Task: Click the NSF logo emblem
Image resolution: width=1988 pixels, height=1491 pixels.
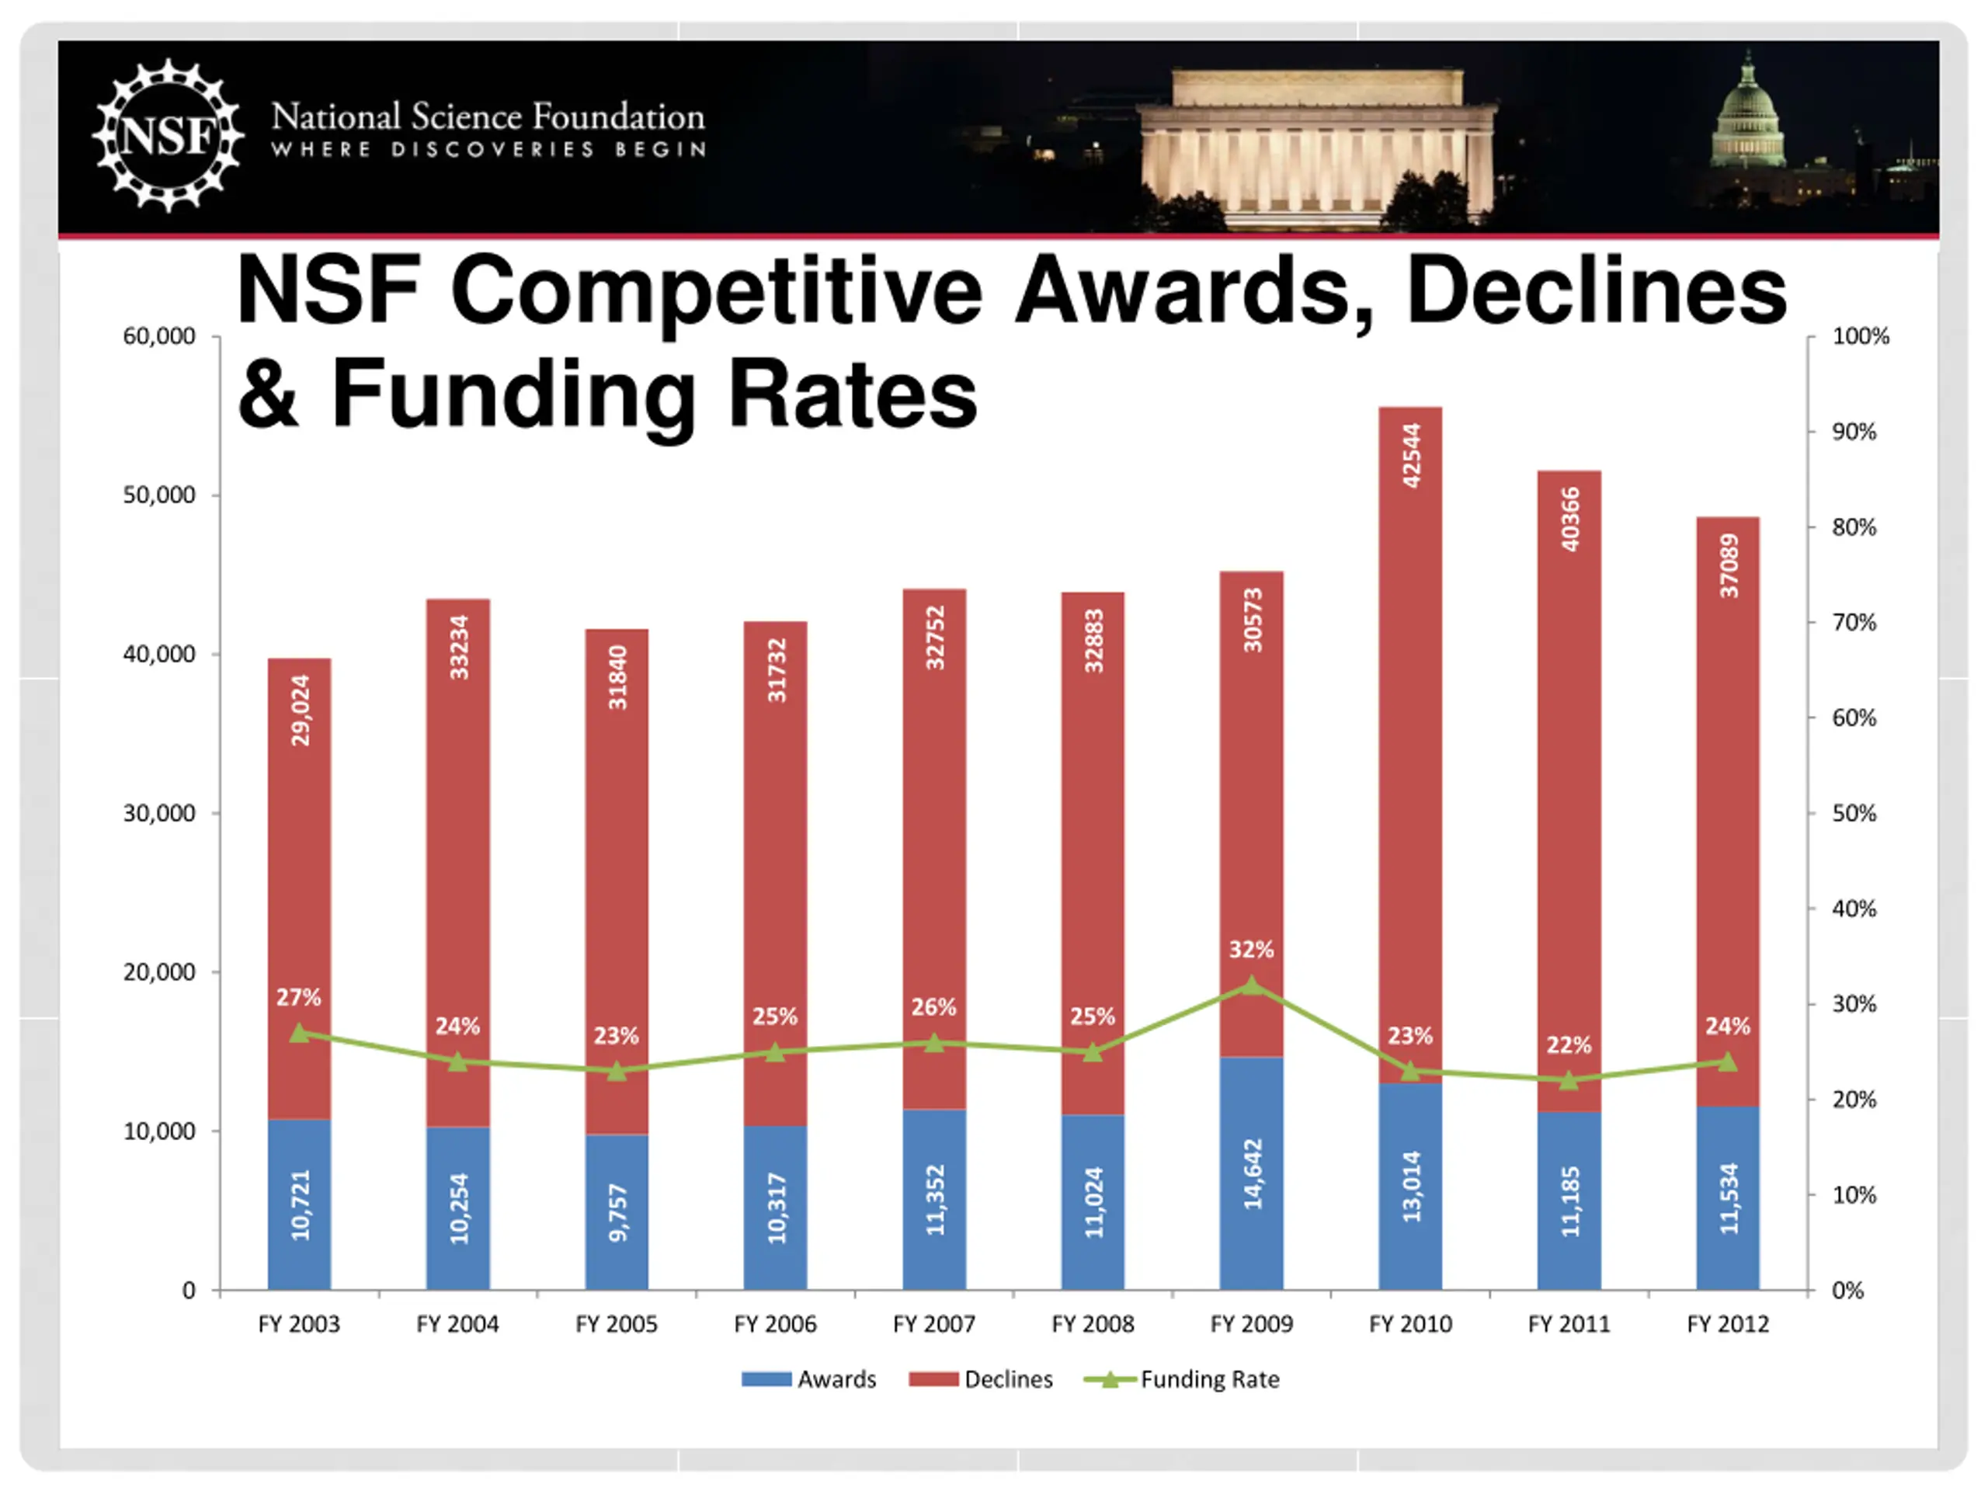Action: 168,136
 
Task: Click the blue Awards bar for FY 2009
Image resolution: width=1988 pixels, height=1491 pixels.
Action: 1251,1173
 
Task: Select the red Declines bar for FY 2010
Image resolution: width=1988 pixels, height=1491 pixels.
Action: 1410,746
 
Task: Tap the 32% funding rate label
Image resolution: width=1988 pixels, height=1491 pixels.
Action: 1251,949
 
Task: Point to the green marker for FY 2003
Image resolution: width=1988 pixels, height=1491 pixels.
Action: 299,1034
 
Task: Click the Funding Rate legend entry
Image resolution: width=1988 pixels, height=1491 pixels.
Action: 1183,1378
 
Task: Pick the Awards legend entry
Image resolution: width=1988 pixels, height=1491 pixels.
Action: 809,1378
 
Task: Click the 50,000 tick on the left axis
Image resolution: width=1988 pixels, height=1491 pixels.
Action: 159,495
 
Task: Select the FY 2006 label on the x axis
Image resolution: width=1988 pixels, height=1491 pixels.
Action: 775,1324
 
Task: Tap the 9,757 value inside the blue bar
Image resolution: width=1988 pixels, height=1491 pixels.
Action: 617,1212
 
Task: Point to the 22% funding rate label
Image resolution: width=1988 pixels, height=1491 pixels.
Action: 1569,1045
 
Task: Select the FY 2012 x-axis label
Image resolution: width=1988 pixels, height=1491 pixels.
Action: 1727,1324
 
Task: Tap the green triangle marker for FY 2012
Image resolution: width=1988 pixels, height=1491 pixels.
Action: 1727,1062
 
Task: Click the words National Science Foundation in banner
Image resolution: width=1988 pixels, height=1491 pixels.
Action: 488,116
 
